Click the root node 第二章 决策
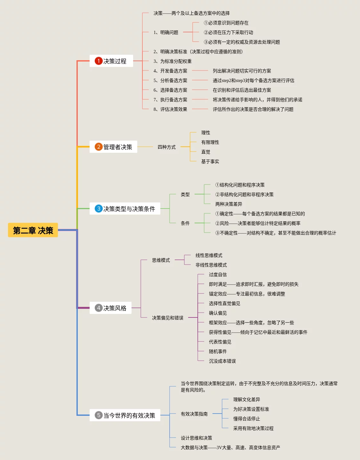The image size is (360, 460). click(x=33, y=230)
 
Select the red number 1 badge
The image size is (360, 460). click(x=99, y=61)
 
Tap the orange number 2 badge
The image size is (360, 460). click(x=99, y=147)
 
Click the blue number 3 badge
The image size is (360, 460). click(x=99, y=209)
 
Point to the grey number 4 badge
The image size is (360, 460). click(x=99, y=308)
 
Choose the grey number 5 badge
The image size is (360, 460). click(x=99, y=415)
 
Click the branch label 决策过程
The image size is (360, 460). click(x=115, y=61)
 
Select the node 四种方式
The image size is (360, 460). click(x=166, y=147)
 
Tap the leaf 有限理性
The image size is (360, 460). click(x=210, y=142)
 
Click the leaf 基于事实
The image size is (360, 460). click(x=210, y=161)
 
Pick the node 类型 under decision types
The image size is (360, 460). click(x=185, y=194)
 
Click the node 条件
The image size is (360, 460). click(x=185, y=223)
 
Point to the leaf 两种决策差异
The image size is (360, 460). click(x=228, y=204)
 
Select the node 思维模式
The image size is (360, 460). click(x=161, y=260)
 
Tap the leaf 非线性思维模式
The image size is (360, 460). click(x=211, y=265)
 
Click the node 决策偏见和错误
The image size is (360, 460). click(x=168, y=318)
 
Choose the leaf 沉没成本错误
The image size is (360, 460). click(x=222, y=361)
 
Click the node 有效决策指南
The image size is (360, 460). click(x=194, y=414)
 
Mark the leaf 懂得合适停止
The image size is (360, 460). click(x=246, y=419)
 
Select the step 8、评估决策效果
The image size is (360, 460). click(x=170, y=109)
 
